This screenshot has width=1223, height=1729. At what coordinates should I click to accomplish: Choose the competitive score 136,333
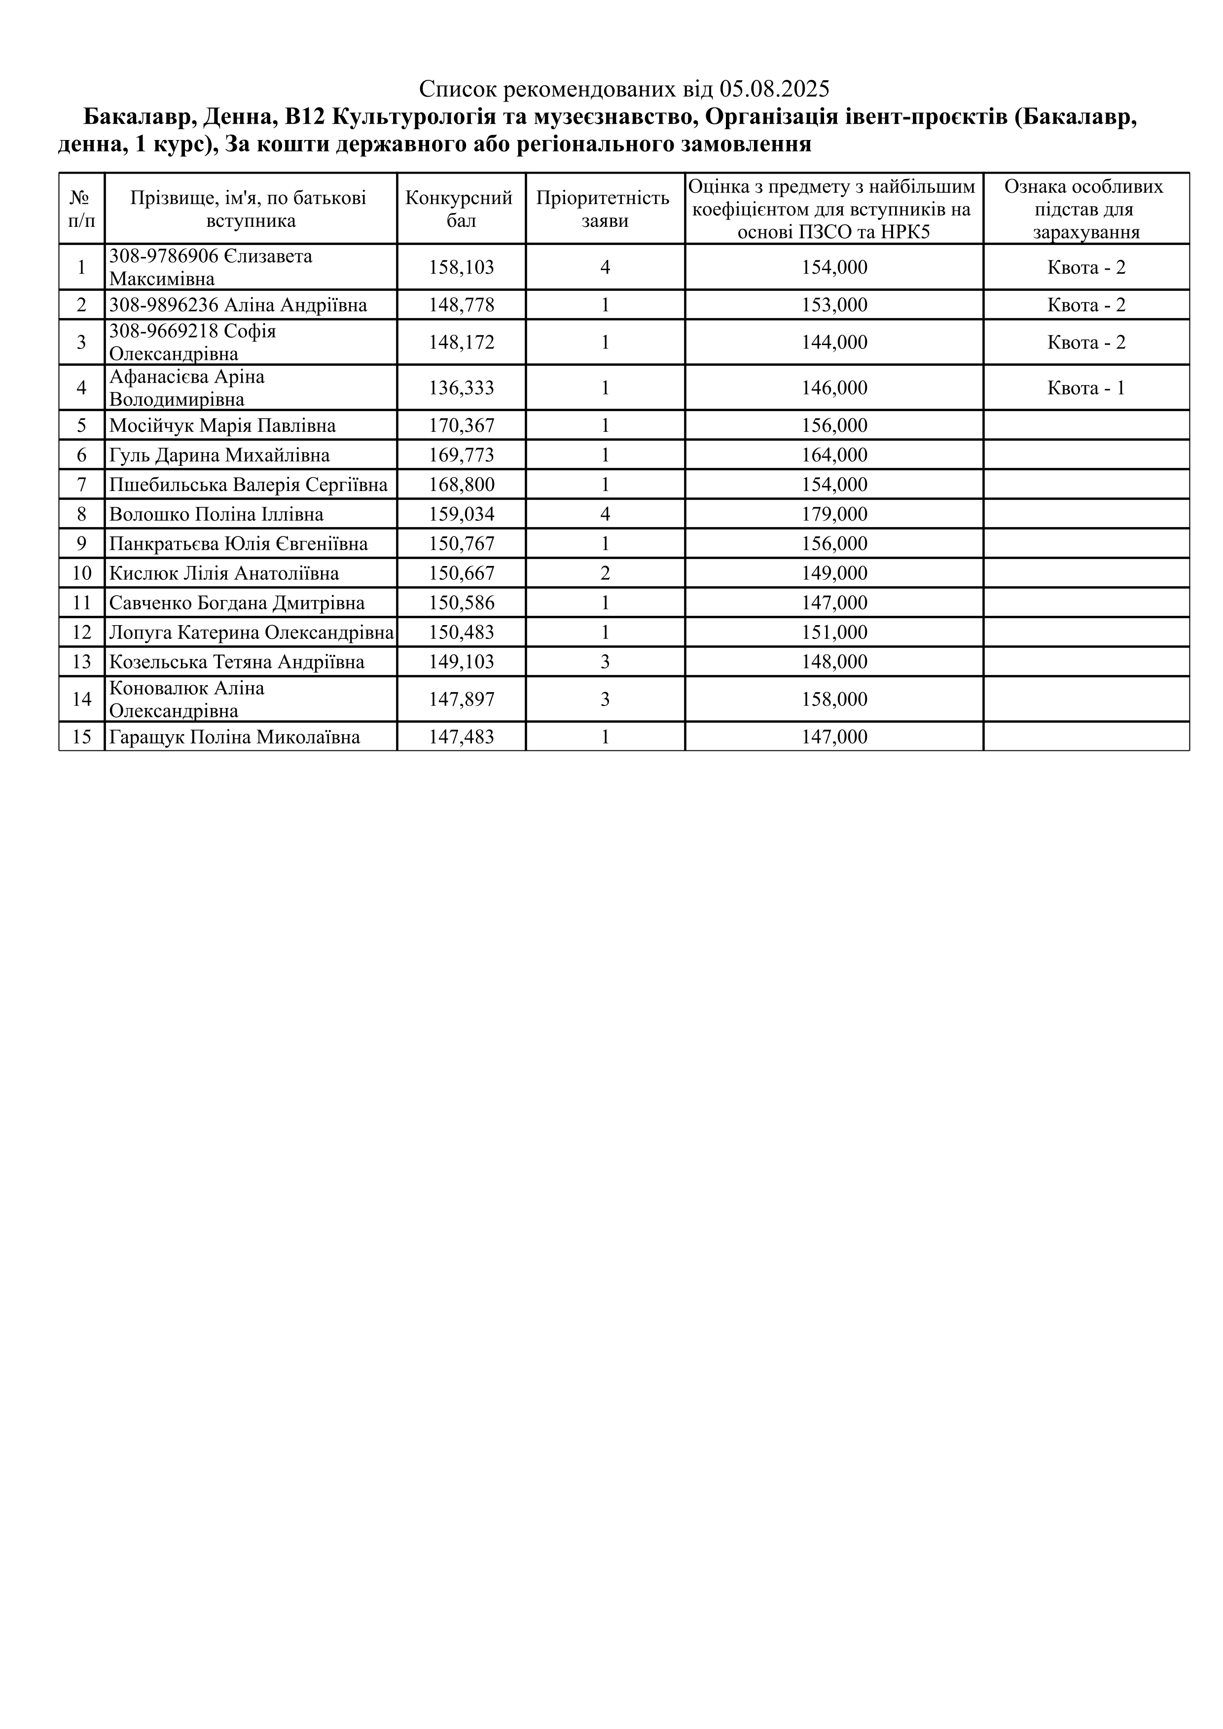(x=462, y=388)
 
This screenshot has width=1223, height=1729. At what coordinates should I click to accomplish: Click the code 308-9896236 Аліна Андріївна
(x=238, y=305)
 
